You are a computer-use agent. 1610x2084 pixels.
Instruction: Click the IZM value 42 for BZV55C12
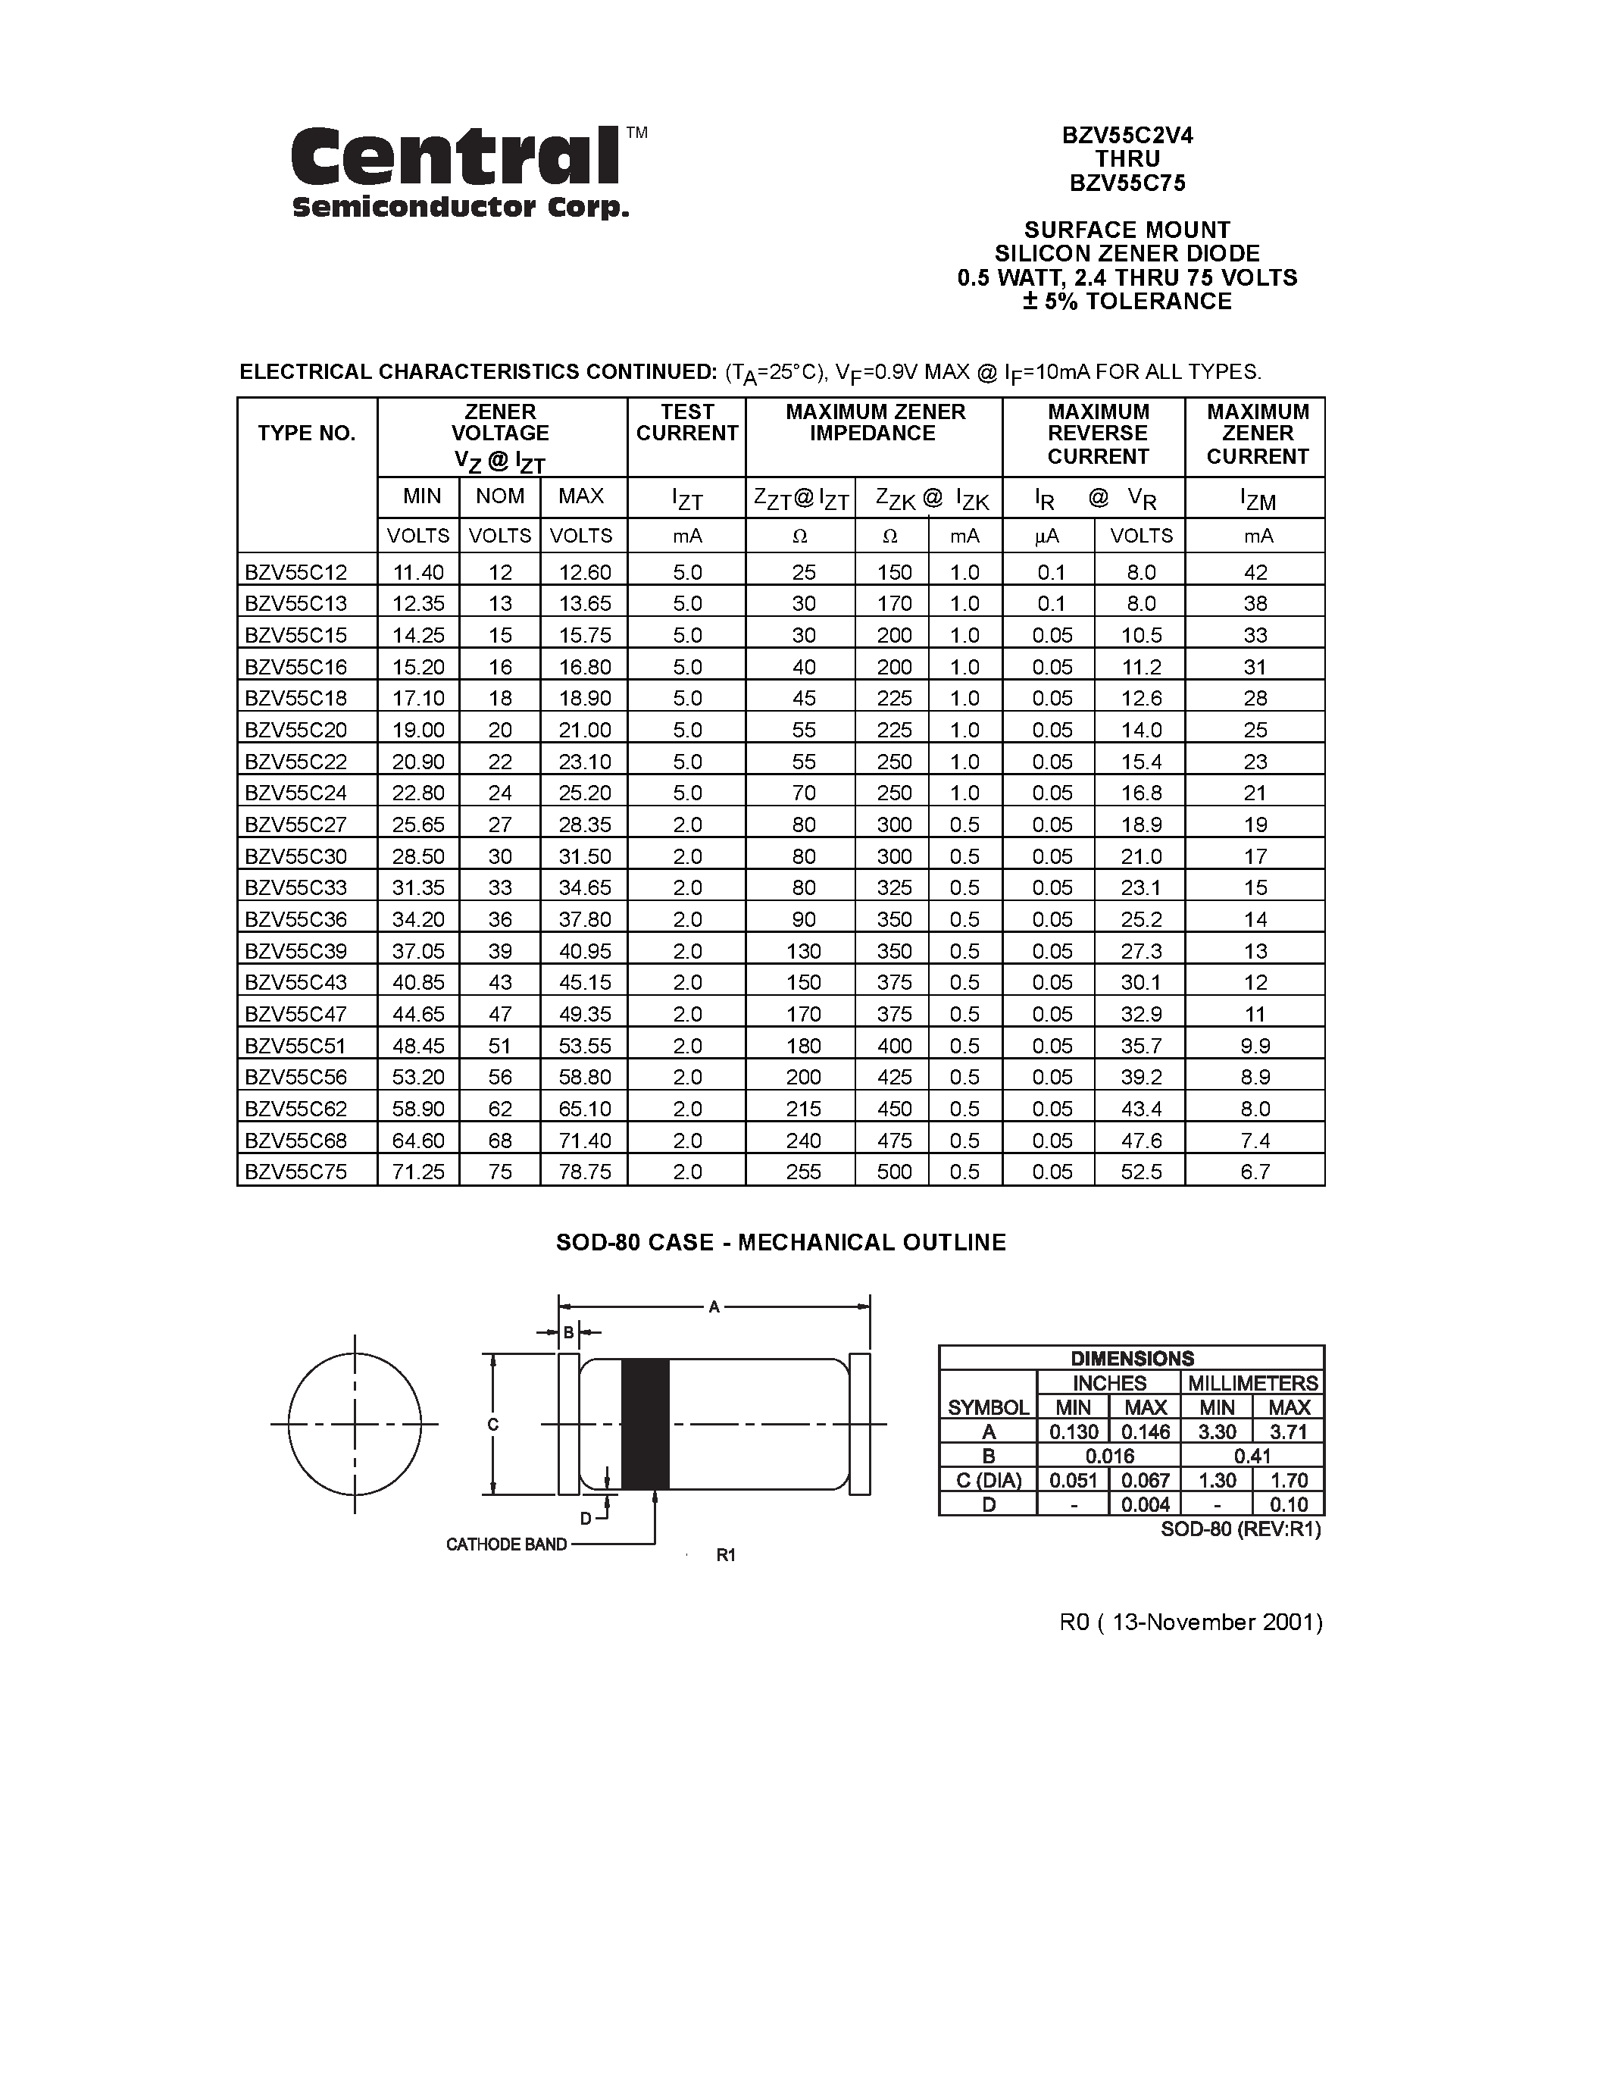(1255, 572)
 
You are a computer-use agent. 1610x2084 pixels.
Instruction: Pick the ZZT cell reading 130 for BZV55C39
(803, 951)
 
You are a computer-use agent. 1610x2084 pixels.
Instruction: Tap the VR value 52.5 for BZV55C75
(1141, 1172)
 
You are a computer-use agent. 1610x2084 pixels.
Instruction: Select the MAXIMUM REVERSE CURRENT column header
(1097, 434)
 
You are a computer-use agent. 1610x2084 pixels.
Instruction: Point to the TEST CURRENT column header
(686, 423)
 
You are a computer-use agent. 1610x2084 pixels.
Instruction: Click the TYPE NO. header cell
(306, 433)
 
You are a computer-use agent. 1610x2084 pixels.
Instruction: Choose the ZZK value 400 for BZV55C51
(894, 1046)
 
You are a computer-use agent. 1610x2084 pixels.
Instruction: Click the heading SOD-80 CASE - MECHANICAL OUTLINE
(780, 1242)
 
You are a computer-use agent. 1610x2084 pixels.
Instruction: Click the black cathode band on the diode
(645, 1424)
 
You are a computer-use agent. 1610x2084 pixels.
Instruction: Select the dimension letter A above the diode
(714, 1307)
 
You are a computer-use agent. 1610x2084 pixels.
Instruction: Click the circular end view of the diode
(355, 1424)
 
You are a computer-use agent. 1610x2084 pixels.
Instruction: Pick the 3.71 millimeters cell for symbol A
(1289, 1432)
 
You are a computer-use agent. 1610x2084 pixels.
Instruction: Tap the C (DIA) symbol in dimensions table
(988, 1480)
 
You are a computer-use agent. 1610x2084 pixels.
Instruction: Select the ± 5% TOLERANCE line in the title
(1127, 302)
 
